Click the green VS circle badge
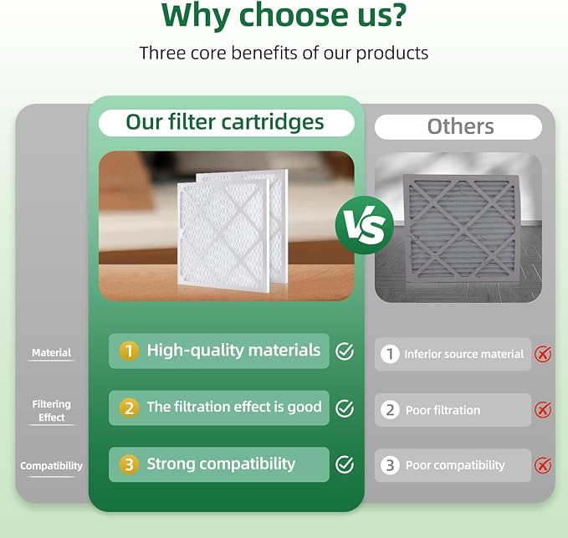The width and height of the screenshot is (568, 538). point(365,225)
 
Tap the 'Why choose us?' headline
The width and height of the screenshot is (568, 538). point(284,16)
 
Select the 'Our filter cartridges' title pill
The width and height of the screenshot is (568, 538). point(227,123)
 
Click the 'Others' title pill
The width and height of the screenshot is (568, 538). point(458,127)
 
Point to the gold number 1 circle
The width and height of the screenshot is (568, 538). point(129,351)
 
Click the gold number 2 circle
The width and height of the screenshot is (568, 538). point(129,408)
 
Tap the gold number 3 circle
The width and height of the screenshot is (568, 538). point(129,464)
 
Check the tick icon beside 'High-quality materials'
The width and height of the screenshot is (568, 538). point(345,351)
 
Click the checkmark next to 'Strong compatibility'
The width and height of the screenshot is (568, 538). point(345,464)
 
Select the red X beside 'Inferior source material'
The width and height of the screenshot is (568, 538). point(543,354)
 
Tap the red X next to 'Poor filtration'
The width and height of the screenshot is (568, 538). point(543,410)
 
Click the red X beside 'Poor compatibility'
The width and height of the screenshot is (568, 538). point(543,465)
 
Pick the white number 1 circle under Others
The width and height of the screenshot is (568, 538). point(390,354)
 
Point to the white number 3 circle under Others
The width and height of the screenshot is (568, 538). point(390,465)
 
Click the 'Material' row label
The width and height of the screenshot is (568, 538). point(51,352)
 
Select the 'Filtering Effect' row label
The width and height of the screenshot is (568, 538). point(51,411)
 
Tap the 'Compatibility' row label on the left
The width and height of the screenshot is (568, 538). point(51,465)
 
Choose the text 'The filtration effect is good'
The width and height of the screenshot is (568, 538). point(234,407)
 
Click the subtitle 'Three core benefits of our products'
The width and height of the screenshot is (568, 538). point(284,53)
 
